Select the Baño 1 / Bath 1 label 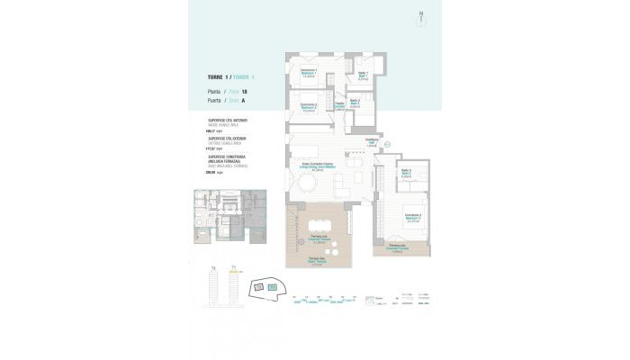(x=363, y=75)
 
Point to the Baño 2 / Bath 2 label (x=355, y=103)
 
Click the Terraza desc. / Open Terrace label (x=316, y=262)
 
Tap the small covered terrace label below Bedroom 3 (x=397, y=248)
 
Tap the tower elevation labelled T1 (x=214, y=287)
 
